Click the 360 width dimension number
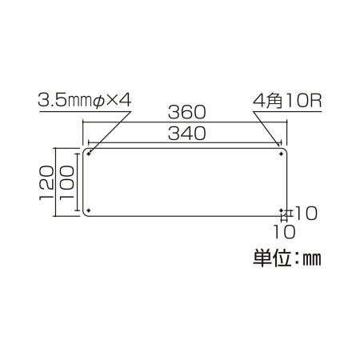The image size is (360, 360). (187, 112)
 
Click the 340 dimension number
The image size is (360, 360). (187, 134)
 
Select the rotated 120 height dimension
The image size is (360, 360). (46, 182)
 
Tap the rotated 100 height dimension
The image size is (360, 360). (66, 182)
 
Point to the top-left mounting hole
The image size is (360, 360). (89, 154)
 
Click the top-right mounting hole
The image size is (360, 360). (281, 154)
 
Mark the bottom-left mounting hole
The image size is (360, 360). (89, 210)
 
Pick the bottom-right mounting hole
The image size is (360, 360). (282, 210)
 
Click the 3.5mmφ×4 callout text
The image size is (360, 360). (85, 101)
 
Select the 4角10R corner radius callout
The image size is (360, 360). (287, 101)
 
